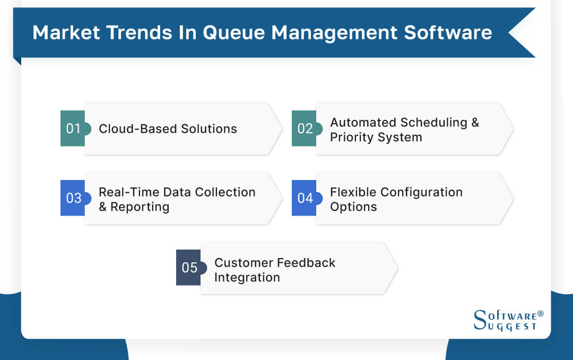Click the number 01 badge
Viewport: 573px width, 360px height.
pos(73,128)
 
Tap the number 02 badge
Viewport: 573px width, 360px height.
pos(305,128)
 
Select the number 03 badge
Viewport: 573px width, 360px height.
pos(73,198)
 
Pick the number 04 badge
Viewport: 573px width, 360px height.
pos(305,198)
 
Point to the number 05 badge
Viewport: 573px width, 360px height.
pos(189,268)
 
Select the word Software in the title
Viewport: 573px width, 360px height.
pos(448,33)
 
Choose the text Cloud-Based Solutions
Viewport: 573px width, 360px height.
pos(168,129)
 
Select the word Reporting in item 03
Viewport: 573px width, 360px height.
pos(140,207)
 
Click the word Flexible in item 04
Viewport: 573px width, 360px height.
pos(351,192)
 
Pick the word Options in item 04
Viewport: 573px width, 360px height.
pos(353,207)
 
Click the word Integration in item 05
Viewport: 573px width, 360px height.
pos(247,277)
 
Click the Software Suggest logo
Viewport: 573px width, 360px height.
pos(507,321)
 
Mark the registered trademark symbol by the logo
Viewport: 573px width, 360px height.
pos(540,314)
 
